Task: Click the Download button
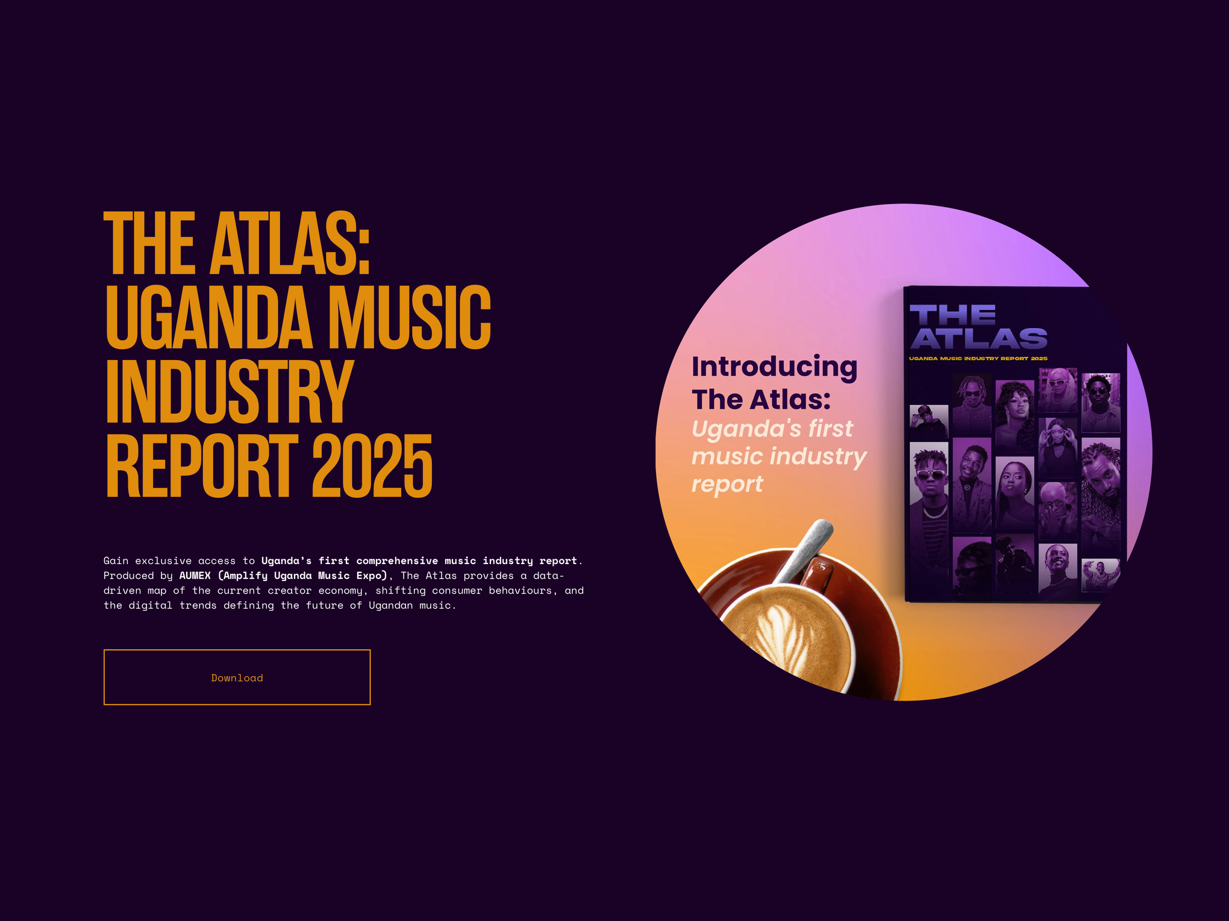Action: (x=237, y=677)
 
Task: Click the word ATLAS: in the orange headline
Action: (x=290, y=243)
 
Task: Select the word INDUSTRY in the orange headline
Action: (x=229, y=392)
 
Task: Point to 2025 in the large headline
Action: (x=372, y=466)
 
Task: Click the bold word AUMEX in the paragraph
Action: (x=195, y=575)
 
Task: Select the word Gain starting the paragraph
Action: (x=116, y=561)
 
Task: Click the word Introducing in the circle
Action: (x=774, y=367)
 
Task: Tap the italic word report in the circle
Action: (x=727, y=484)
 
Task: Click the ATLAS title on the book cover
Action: (x=979, y=339)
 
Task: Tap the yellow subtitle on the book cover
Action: (x=978, y=359)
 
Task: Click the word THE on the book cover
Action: (x=952, y=314)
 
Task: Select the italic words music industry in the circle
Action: (x=778, y=456)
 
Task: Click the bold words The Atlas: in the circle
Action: (x=761, y=400)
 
